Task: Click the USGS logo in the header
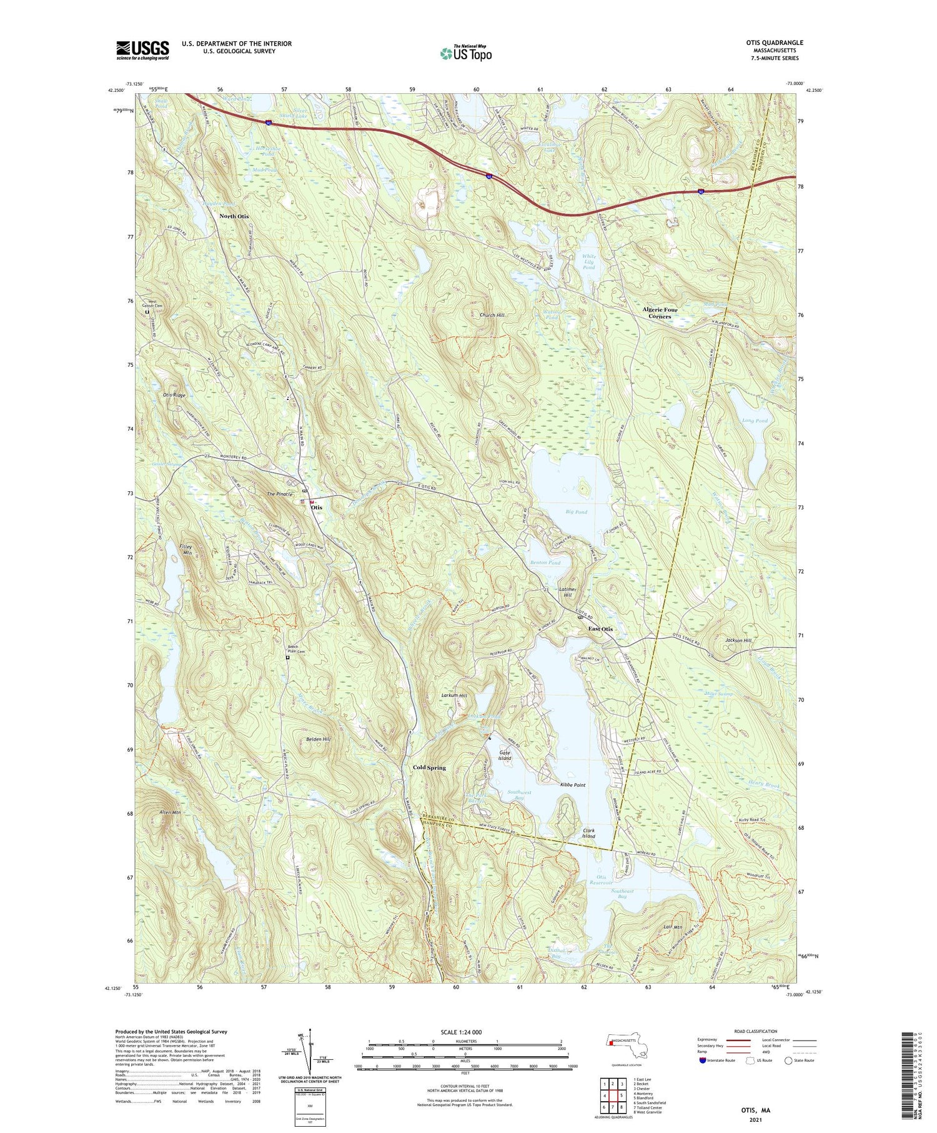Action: coord(142,50)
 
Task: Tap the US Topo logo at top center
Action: coord(465,53)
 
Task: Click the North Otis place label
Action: coord(234,216)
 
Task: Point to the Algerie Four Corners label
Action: coord(660,313)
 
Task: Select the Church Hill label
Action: coord(492,316)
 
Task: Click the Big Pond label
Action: coord(576,512)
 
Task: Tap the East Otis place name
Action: coord(600,629)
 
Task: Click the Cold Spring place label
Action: coord(429,767)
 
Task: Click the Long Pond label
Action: coord(755,421)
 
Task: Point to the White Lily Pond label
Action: coord(588,262)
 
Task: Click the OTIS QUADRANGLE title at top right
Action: coord(771,42)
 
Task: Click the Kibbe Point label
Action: coord(572,784)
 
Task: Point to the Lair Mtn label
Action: coord(672,928)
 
